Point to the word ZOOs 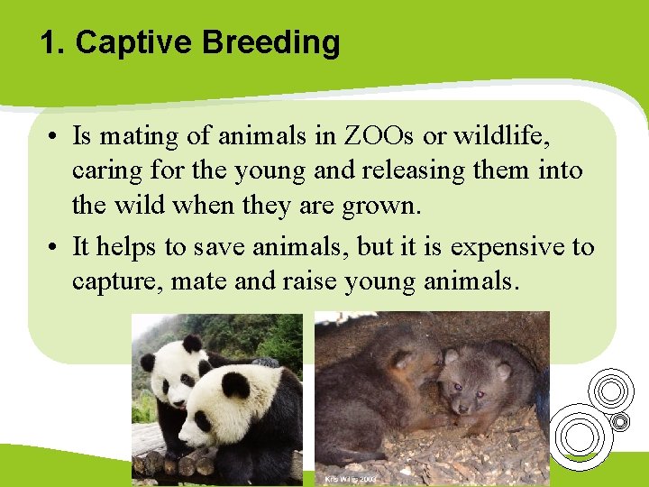click(379, 136)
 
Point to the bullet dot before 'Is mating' click(56, 137)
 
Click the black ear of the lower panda click(236, 386)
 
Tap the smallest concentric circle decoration click(619, 421)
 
